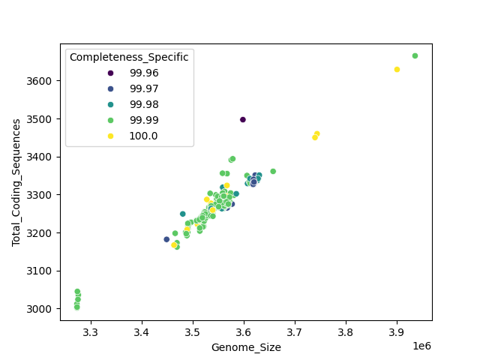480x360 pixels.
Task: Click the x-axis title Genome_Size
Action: coord(246,347)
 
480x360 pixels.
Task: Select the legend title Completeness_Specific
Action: coord(129,57)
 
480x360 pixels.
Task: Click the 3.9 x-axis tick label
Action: coord(397,331)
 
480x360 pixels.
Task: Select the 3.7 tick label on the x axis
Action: coord(295,331)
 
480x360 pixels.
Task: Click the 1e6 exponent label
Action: coord(421,345)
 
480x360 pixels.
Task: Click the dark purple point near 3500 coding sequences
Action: coord(243,119)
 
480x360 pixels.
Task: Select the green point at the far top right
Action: coord(415,55)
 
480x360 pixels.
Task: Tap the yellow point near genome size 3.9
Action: coord(397,70)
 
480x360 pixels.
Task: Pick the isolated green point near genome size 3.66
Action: coord(273,171)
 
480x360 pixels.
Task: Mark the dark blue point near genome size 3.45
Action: coord(166,239)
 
